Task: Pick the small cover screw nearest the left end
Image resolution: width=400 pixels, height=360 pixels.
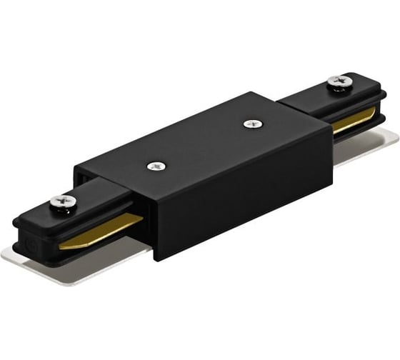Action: click(x=155, y=166)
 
